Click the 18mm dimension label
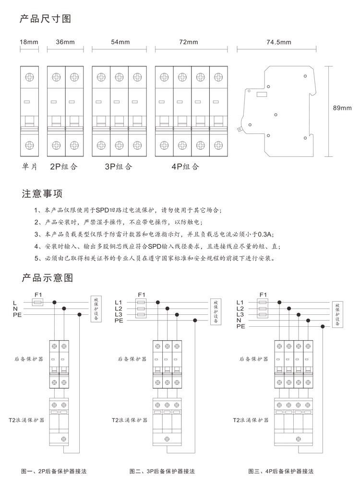[x=29, y=42]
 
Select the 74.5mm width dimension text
[x=279, y=42]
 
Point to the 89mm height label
[x=342, y=108]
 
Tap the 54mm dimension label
[x=120, y=42]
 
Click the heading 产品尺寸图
[x=46, y=19]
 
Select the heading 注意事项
[x=42, y=193]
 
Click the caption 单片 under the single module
[x=30, y=167]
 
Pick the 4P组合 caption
[x=185, y=167]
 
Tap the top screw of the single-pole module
[x=30, y=77]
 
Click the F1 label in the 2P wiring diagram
[x=38, y=295]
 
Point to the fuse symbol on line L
[x=38, y=302]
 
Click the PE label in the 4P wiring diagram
[x=241, y=326]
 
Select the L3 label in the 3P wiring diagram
[x=119, y=314]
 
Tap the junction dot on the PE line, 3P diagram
[x=195, y=320]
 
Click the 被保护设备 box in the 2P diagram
[x=96, y=309]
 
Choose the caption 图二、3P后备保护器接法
[x=162, y=471]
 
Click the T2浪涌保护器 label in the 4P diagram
[x=251, y=420]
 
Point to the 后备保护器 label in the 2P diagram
[x=29, y=359]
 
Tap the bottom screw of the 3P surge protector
[x=167, y=439]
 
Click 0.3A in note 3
[x=265, y=234]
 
